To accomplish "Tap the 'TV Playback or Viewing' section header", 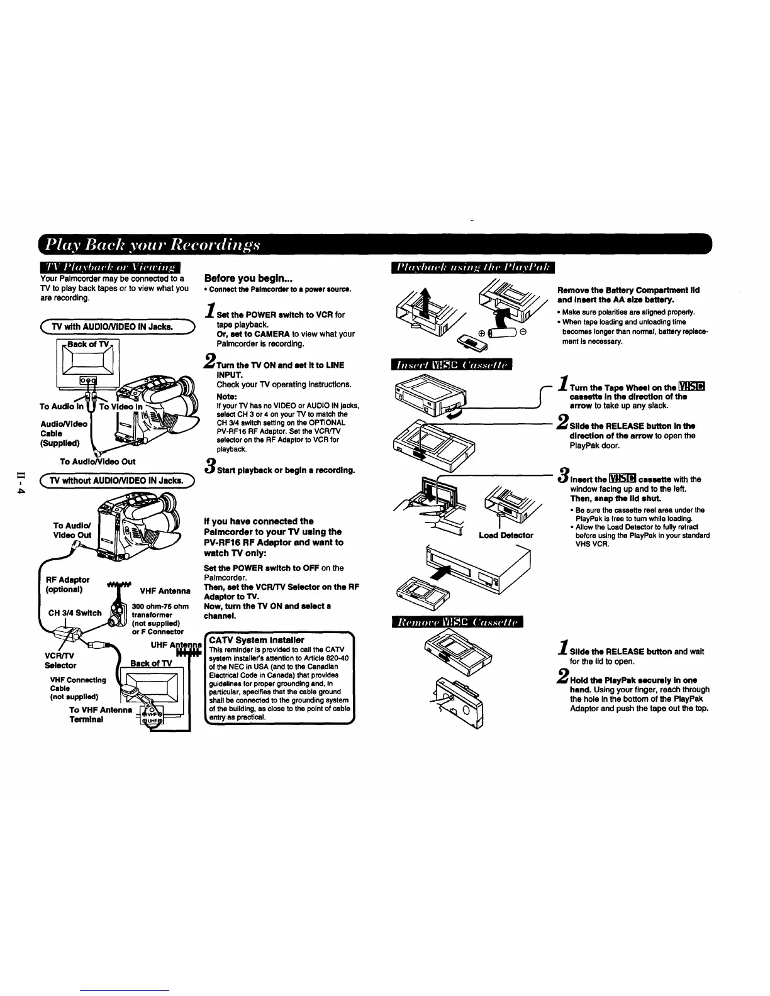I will (x=109, y=268).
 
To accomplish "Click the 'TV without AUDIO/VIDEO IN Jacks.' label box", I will (x=118, y=481).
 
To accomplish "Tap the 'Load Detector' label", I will (x=506, y=535).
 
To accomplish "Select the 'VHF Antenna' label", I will (x=165, y=591).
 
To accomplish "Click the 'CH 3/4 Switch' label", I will (x=75, y=613).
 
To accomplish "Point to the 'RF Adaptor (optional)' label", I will (x=68, y=584).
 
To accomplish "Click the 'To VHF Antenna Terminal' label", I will (x=101, y=715).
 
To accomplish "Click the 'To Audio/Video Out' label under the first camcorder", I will (x=98, y=462).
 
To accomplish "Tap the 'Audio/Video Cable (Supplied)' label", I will (x=62, y=433).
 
